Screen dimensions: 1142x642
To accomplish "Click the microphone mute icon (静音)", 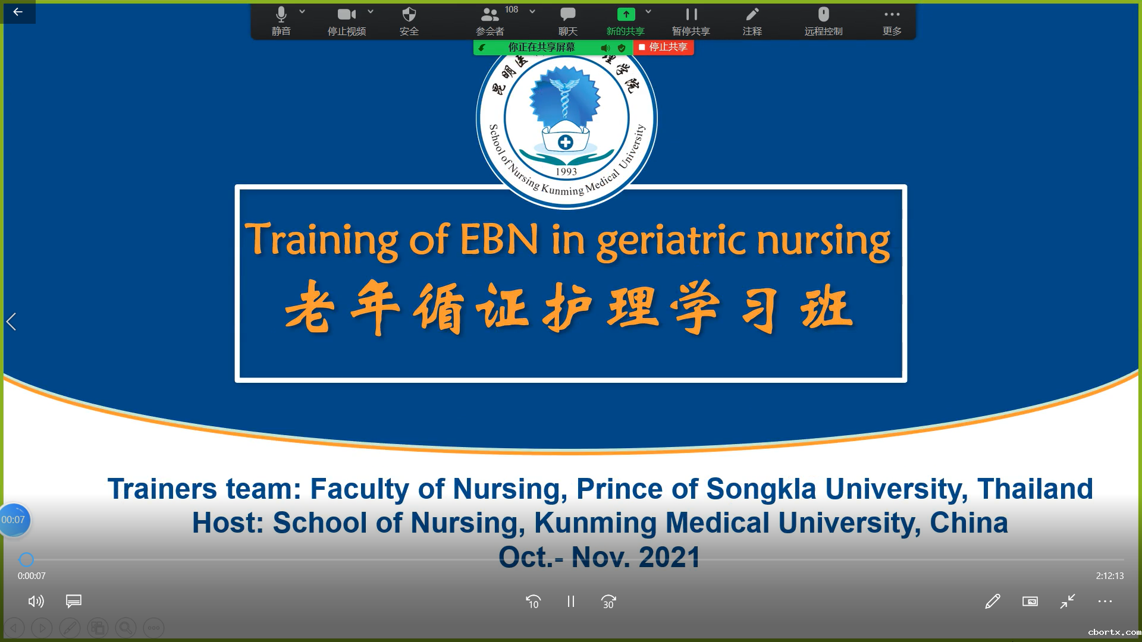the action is point(281,14).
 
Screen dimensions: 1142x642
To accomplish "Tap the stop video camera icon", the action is point(347,14).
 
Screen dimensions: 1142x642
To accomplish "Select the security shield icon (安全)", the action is point(409,14).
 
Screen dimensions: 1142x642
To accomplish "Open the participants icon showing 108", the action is point(490,14).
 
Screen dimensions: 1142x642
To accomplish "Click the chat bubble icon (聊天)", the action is point(568,14).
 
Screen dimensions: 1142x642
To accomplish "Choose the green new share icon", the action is point(626,14).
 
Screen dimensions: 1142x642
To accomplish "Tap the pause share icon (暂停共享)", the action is point(691,14).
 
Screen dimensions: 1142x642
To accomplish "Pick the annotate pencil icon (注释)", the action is point(752,14).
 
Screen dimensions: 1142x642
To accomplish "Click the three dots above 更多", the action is point(892,14).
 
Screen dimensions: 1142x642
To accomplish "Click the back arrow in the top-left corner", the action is point(18,12).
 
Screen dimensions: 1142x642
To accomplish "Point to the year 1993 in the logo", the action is point(566,172).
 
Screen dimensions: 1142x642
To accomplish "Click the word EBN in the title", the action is point(499,239).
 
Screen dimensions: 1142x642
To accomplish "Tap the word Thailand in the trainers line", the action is point(1035,489).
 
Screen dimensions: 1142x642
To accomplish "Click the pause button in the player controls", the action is point(571,602).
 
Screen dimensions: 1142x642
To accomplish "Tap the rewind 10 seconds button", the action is point(534,602).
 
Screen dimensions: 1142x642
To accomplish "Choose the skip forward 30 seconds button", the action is point(608,602).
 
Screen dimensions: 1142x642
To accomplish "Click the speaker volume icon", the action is point(36,602).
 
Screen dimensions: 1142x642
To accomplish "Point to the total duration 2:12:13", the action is point(1110,576).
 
